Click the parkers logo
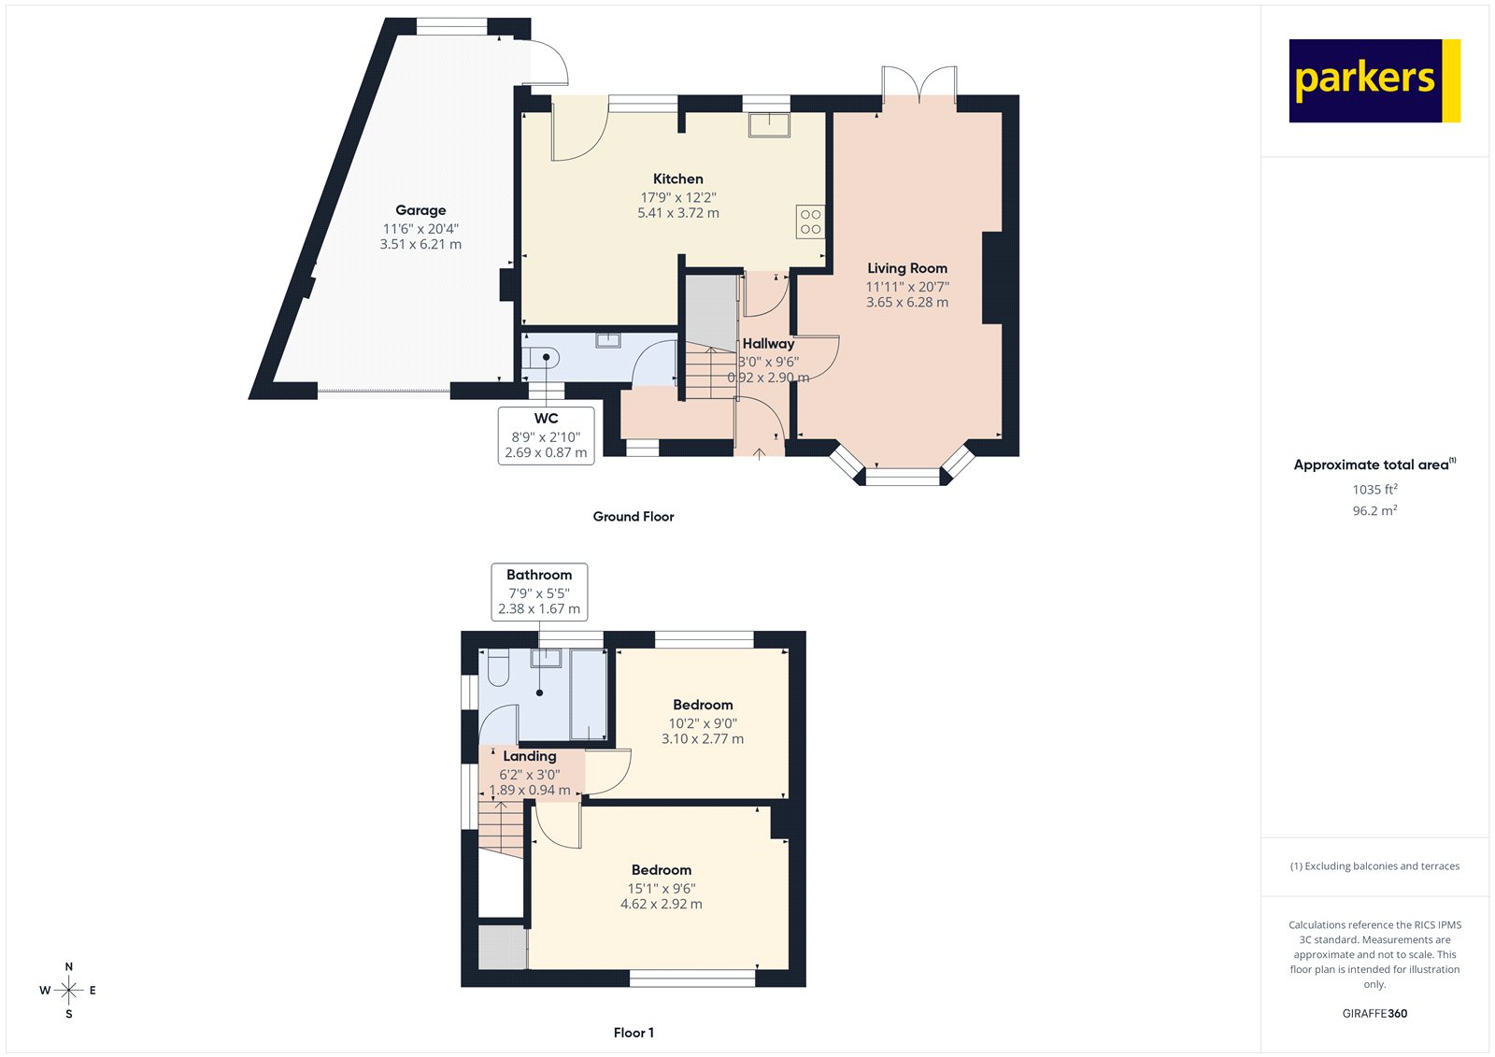[1374, 80]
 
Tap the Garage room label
[420, 210]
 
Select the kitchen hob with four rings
[810, 221]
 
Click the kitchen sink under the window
[769, 124]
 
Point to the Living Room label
[906, 268]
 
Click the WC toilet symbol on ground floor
[541, 357]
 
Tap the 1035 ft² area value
[1374, 489]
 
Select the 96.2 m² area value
[1374, 510]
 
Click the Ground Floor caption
[633, 516]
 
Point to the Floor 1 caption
[634, 1033]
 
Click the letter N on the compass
[69, 966]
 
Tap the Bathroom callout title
[539, 575]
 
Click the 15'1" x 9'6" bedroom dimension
[661, 889]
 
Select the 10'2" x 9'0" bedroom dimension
[703, 723]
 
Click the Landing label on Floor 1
[530, 756]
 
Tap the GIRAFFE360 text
[1374, 1013]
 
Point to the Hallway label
[768, 343]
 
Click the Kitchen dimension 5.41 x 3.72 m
[678, 213]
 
